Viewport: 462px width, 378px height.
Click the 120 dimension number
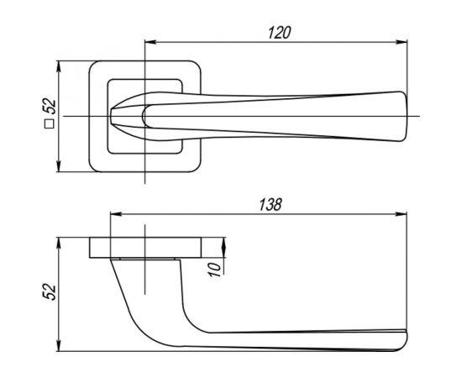(x=280, y=33)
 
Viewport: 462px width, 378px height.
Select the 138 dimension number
(x=270, y=204)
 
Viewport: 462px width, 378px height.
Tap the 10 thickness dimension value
(x=215, y=270)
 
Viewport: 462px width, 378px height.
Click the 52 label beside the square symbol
(x=50, y=107)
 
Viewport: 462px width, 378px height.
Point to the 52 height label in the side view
(x=50, y=291)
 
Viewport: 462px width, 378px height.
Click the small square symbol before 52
(x=50, y=123)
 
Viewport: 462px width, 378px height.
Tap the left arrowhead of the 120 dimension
(x=150, y=43)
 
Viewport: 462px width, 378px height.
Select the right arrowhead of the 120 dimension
(x=402, y=43)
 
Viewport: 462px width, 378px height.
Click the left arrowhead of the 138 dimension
(x=116, y=214)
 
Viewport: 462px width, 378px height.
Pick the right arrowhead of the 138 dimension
(x=402, y=214)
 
